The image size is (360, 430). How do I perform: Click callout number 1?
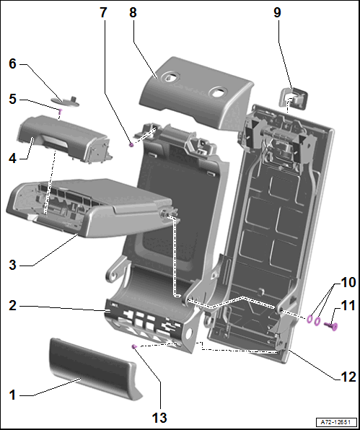pos(12,395)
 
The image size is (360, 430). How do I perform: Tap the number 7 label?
pos(103,12)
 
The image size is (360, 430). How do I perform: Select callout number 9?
pos(277,12)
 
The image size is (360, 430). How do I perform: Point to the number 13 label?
pos(159,418)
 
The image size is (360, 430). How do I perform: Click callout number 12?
pos(348,377)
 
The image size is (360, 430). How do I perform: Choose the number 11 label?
pos(348,305)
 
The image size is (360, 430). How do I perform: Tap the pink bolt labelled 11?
pos(331,326)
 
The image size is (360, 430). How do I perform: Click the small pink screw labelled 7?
pos(131,145)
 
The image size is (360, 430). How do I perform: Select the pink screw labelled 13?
pos(135,347)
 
